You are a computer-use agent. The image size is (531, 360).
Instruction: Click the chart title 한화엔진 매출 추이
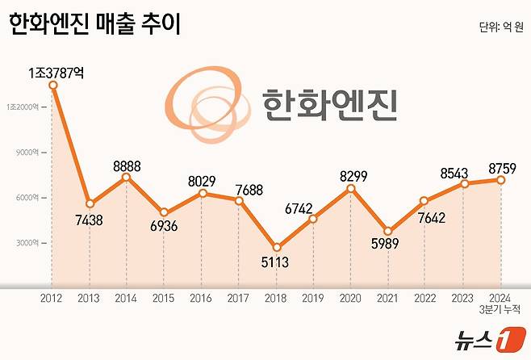[94, 25]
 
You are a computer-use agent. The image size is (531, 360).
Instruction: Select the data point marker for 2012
[52, 85]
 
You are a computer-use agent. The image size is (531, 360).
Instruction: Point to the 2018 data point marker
[276, 248]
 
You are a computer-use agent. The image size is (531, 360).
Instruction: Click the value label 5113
[276, 262]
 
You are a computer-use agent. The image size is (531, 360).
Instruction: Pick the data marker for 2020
[351, 188]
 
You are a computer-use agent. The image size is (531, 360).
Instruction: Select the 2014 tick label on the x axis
[127, 298]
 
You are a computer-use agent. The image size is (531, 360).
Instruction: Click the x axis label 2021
[389, 298]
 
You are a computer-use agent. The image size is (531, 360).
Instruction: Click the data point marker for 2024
[501, 180]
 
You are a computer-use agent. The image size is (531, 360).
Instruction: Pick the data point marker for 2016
[202, 193]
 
